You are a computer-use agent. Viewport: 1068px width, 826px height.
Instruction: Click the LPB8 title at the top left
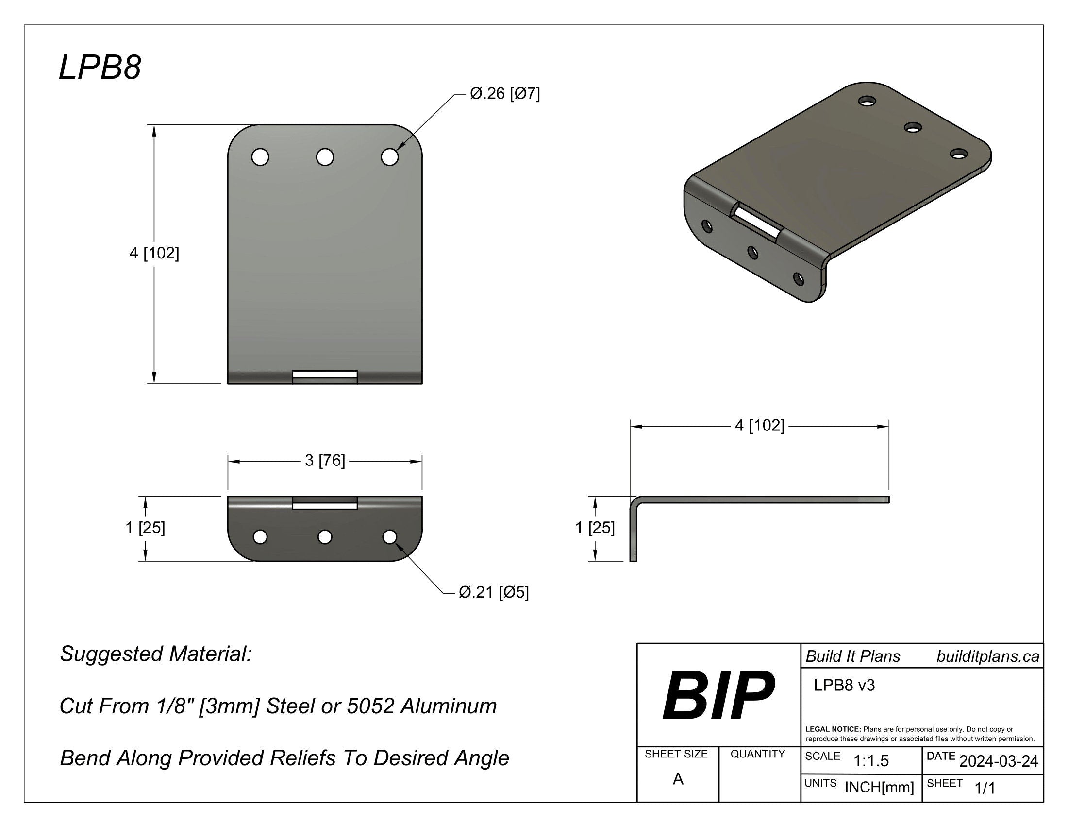click(100, 68)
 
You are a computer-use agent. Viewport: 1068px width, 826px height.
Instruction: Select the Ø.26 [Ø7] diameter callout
click(504, 93)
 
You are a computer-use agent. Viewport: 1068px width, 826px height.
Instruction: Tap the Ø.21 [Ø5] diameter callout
click(493, 592)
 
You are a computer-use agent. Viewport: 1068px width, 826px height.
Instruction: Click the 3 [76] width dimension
click(325, 461)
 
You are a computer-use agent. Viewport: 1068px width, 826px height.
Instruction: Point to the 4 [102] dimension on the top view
click(154, 253)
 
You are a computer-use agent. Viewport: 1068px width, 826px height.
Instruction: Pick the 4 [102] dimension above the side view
click(759, 425)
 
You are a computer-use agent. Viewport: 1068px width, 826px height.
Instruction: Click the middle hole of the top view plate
click(325, 157)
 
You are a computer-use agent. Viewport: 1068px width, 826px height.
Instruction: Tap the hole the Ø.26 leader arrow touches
click(389, 157)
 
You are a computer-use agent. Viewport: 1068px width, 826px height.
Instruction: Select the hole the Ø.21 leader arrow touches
click(389, 537)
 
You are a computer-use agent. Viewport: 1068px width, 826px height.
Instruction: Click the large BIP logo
click(718, 695)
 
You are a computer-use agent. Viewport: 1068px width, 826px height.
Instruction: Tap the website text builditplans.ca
click(987, 656)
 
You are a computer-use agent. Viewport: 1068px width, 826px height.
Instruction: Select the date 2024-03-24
click(998, 761)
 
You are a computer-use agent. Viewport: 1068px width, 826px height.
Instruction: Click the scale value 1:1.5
click(871, 761)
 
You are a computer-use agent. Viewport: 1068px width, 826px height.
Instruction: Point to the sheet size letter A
click(678, 779)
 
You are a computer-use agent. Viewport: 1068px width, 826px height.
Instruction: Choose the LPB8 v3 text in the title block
click(844, 685)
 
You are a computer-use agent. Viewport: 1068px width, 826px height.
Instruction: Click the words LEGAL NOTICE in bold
click(833, 729)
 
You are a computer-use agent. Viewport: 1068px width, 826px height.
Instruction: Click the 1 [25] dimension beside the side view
click(595, 528)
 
